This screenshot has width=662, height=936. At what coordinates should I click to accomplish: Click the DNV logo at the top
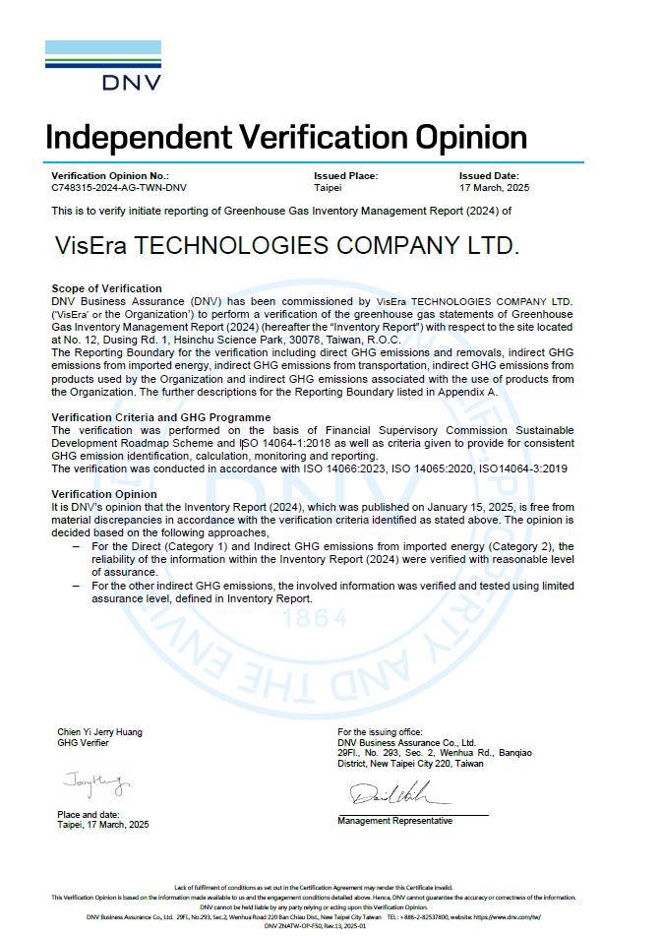pos(103,65)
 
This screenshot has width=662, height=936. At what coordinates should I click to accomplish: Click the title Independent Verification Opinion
pos(285,135)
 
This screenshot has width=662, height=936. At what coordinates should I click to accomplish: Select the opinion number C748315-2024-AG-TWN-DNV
pos(119,186)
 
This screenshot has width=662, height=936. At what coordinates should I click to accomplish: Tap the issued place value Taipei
pos(328,186)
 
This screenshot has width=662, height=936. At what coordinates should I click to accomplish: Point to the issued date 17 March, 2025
pos(494,186)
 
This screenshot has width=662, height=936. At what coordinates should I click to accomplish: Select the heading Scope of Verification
pos(106,288)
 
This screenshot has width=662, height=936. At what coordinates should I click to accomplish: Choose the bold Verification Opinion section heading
pos(103,494)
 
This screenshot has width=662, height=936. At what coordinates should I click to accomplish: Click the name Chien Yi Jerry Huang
pos(99,732)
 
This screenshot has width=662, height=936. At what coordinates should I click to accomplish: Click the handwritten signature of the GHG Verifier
pos(94,784)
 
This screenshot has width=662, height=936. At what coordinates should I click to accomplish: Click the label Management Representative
pos(394,821)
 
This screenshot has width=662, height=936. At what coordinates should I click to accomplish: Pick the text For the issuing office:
pos(380,732)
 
